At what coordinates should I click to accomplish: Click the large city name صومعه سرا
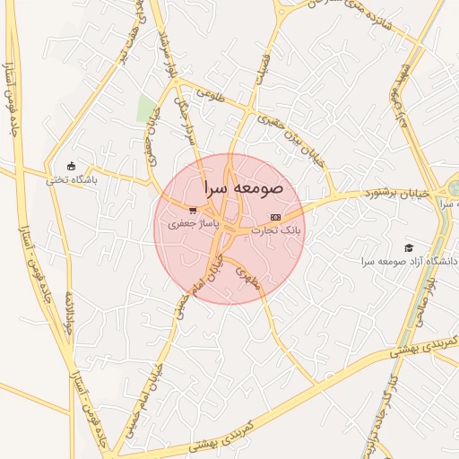pyautogui.click(x=243, y=189)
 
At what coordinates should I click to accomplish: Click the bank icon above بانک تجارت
pyautogui.click(x=275, y=217)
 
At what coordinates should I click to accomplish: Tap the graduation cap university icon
pyautogui.click(x=410, y=247)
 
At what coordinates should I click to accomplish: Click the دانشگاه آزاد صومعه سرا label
pyautogui.click(x=409, y=261)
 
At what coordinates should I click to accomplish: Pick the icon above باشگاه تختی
pyautogui.click(x=72, y=166)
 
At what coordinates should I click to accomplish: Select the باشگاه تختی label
pyautogui.click(x=72, y=179)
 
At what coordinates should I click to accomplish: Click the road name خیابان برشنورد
pyautogui.click(x=397, y=193)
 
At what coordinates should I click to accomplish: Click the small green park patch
pyautogui.click(x=144, y=109)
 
